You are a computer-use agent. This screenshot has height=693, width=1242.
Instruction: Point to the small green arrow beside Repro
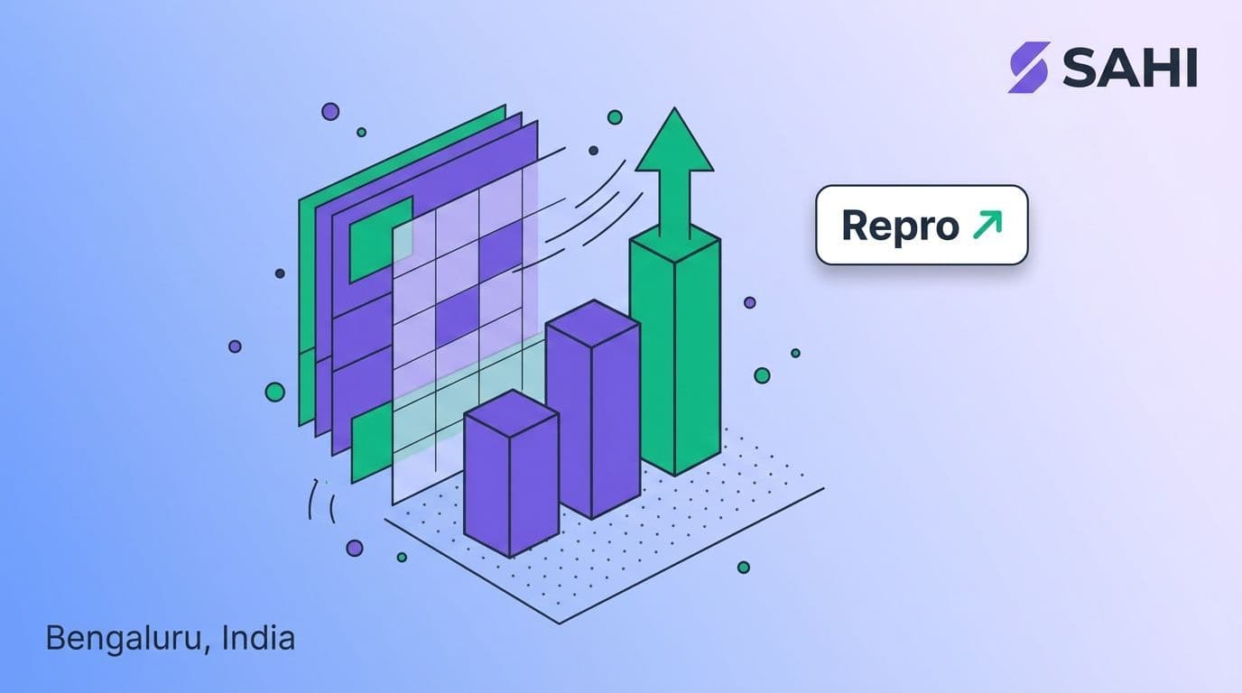pyautogui.click(x=987, y=224)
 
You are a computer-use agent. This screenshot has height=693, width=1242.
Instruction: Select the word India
pyautogui.click(x=258, y=638)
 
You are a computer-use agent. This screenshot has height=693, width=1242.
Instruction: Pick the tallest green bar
pyautogui.click(x=675, y=351)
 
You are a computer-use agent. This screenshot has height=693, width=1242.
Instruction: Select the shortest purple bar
pyautogui.click(x=511, y=474)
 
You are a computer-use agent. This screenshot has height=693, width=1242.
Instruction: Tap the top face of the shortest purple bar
pyautogui.click(x=511, y=413)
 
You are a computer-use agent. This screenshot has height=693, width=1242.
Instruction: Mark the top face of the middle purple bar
pyautogui.click(x=593, y=324)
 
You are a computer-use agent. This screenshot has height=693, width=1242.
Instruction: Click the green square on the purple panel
pyautogui.click(x=381, y=239)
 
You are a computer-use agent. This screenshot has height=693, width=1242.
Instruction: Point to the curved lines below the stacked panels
pyautogui.click(x=322, y=501)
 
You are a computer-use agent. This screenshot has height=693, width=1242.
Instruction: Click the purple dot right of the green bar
pyautogui.click(x=750, y=302)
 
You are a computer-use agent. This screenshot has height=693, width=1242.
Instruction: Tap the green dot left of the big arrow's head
pyautogui.click(x=615, y=117)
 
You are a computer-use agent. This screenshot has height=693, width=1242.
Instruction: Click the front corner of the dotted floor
pyautogui.click(x=560, y=624)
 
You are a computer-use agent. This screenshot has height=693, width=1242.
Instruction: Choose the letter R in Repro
pyautogui.click(x=856, y=225)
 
